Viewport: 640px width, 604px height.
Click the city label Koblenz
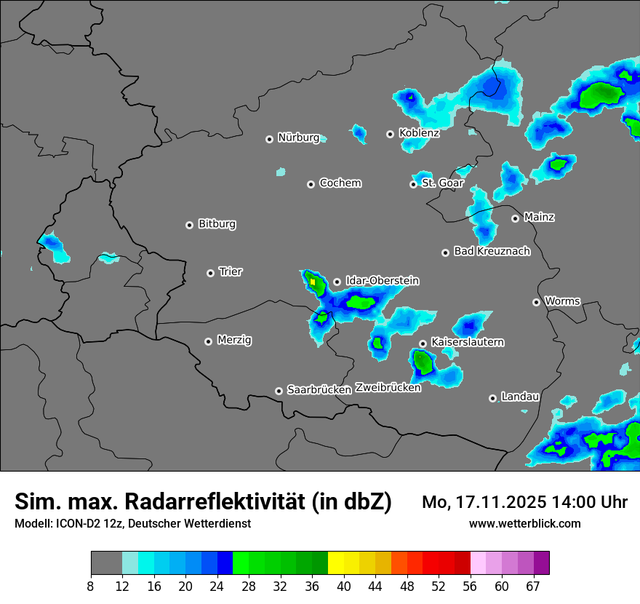pos(419,133)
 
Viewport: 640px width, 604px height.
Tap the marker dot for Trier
pos(210,273)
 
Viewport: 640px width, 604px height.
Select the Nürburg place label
pos(298,138)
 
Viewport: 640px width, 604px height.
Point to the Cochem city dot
pos(311,184)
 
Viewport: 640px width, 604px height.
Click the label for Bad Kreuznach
pos(492,251)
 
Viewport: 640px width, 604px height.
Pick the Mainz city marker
pos(515,218)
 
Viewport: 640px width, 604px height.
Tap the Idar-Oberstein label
pos(382,281)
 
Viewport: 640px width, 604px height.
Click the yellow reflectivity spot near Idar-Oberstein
pos(313,281)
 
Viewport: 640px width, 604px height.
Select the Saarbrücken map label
pos(319,390)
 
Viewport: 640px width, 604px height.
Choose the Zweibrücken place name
pos(388,388)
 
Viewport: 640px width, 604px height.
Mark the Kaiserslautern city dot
pos(423,343)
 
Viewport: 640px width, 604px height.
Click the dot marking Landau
pos(492,398)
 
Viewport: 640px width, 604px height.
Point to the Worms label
pos(562,301)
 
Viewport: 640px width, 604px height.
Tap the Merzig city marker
pos(208,341)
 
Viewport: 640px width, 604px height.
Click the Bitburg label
pos(217,224)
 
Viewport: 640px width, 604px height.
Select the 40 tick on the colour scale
pos(344,586)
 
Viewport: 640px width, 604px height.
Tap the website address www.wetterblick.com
pos(524,524)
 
